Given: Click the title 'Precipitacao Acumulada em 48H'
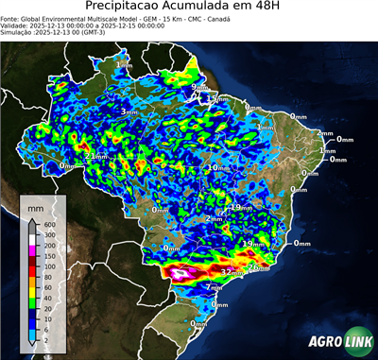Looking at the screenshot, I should pos(188,8).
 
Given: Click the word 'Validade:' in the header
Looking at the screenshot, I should pos(18,26).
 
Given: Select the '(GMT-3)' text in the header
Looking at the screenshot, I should pos(104,33).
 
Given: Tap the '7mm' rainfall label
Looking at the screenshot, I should pos(215,286).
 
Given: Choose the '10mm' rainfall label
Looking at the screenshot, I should pos(217,167).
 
